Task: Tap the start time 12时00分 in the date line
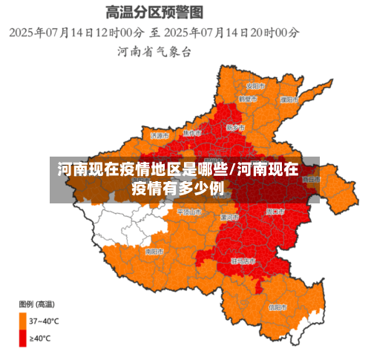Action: pos(118,33)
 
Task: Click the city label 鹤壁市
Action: pos(247,99)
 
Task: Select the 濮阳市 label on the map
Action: pos(289,99)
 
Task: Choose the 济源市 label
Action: pos(160,136)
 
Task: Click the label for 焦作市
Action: pos(191,133)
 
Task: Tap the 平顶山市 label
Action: pos(188,212)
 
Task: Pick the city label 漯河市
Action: pos(229,217)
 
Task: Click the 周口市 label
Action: pos(275,212)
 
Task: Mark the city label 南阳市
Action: pos(154,252)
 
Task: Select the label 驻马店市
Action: pos(243,261)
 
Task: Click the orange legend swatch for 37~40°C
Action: pos(22,321)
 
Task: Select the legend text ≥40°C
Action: pos(40,338)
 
